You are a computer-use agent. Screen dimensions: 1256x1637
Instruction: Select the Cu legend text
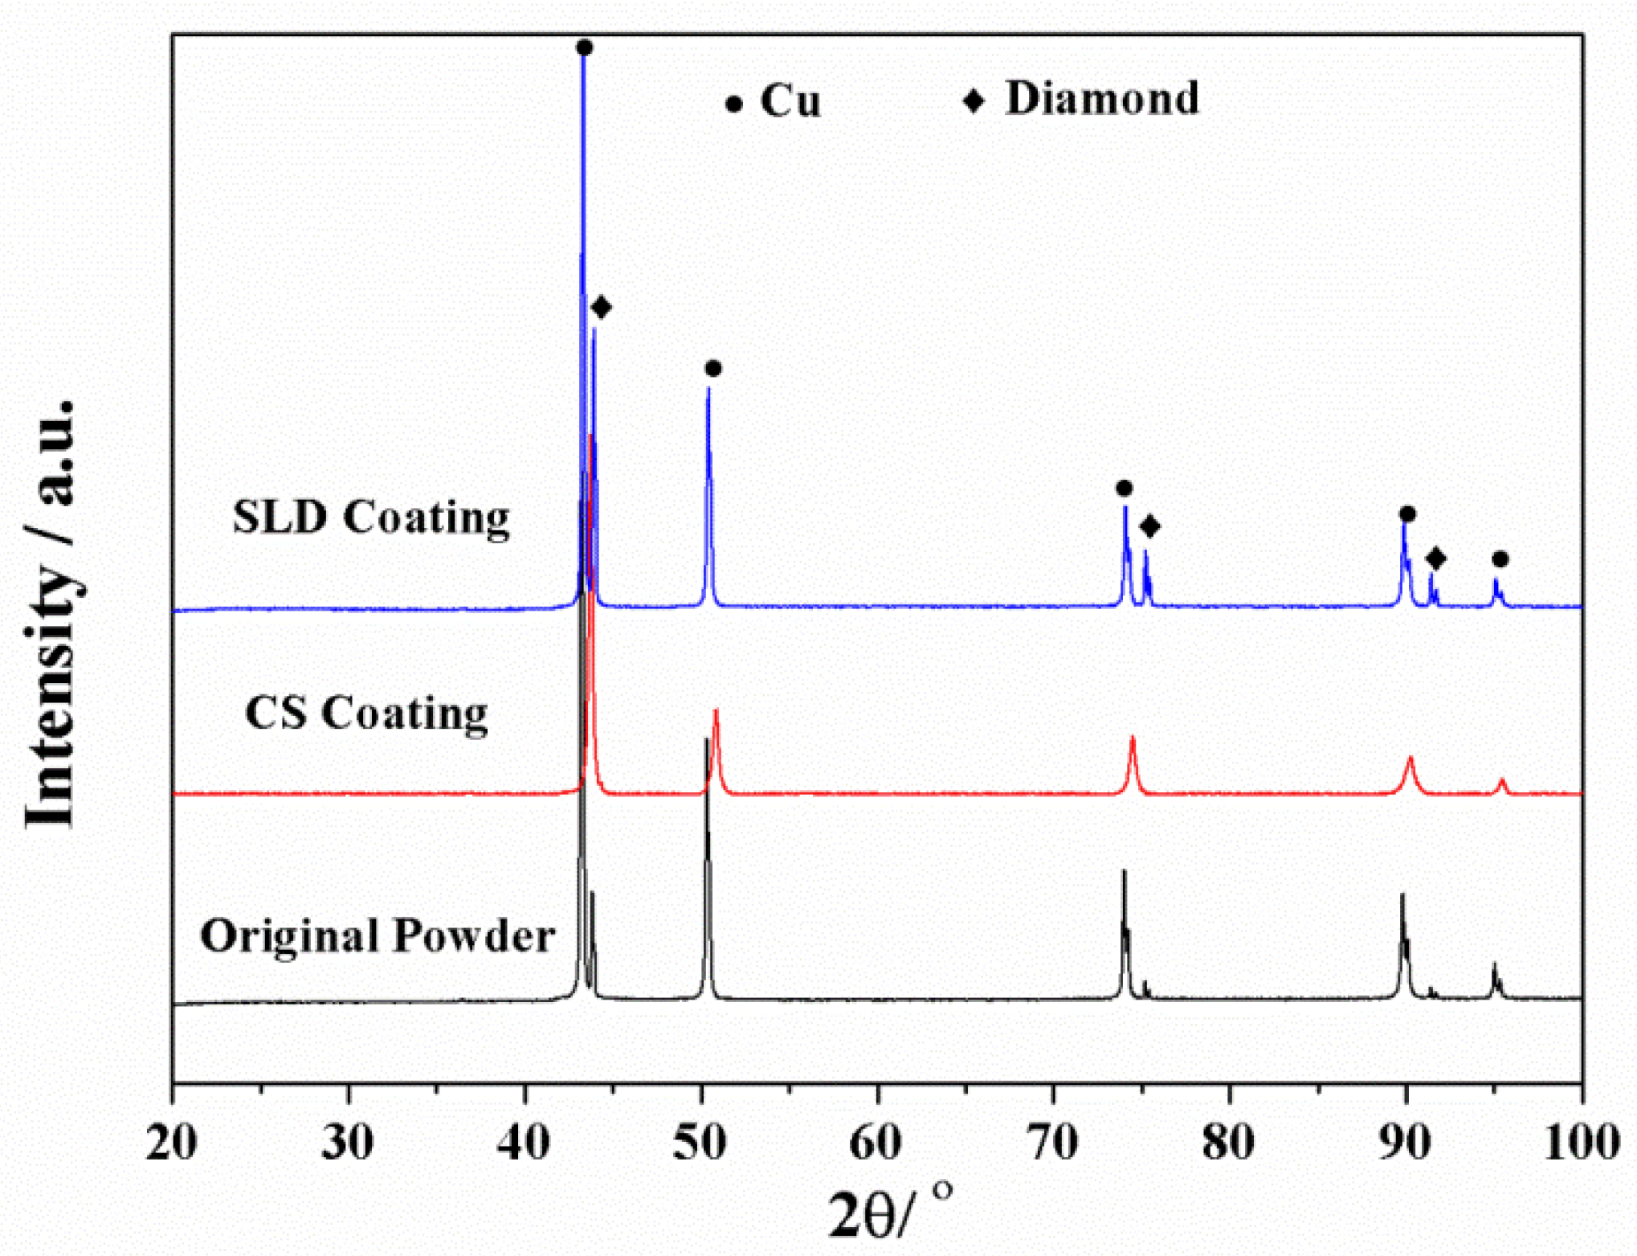(790, 101)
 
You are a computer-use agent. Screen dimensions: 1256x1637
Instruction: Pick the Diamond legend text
(1102, 99)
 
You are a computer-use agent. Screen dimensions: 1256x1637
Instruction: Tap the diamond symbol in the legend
(974, 101)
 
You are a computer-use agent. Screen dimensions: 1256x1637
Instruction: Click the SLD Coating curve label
(371, 517)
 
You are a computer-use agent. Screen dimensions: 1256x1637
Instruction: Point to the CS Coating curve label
(366, 713)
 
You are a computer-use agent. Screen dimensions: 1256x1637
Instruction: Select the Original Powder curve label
(378, 936)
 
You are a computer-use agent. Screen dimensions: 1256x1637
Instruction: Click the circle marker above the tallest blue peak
(585, 48)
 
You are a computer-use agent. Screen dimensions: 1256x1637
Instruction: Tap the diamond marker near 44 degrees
(601, 307)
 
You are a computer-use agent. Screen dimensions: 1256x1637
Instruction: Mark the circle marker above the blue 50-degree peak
(713, 369)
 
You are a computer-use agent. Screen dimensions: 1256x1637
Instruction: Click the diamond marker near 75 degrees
(1149, 527)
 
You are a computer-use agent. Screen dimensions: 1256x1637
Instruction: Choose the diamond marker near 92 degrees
(1436, 558)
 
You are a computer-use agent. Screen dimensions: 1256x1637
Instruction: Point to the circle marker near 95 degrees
(1500, 559)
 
